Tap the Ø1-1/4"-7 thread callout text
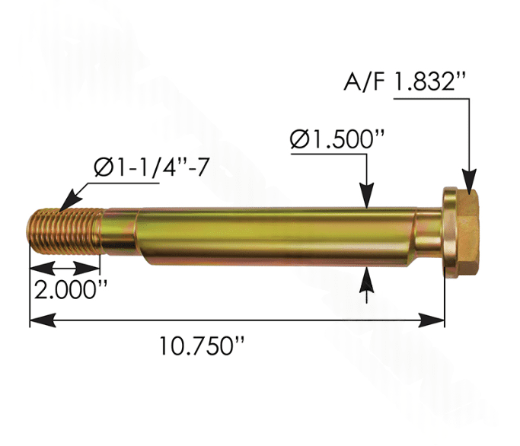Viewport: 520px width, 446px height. [152, 167]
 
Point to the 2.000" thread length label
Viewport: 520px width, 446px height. [71, 290]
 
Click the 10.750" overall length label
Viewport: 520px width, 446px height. [202, 346]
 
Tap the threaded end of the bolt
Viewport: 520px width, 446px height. [65, 231]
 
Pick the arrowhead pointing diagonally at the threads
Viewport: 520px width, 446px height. [70, 201]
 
